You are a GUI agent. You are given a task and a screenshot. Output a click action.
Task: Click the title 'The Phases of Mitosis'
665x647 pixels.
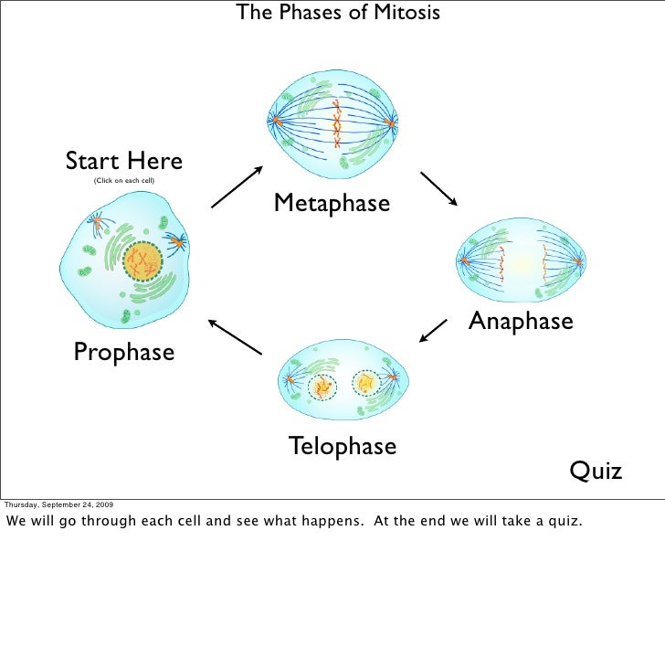click(338, 13)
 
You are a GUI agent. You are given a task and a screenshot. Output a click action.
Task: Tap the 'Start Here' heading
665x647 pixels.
click(123, 163)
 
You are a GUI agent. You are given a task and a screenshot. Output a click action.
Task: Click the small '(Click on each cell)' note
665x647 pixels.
click(124, 182)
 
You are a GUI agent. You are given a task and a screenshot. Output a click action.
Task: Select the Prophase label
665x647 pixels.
click(123, 351)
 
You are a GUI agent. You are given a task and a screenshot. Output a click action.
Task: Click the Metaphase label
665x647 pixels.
click(332, 203)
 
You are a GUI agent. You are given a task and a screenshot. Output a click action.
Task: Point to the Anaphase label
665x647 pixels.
click(521, 321)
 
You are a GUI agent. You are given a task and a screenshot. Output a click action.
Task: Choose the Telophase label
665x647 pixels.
click(342, 446)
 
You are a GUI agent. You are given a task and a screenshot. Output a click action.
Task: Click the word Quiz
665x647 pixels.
click(596, 471)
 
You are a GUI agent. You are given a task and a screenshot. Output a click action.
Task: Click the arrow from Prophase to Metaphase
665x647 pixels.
click(237, 187)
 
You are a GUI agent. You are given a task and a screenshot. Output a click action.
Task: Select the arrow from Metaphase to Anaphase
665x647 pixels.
click(439, 188)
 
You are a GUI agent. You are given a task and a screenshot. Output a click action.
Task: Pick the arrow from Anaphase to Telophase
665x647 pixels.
click(434, 331)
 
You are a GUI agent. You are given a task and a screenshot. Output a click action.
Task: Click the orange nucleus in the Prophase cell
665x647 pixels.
click(142, 263)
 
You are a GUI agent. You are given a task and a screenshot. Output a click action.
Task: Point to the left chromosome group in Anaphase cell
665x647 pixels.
click(501, 262)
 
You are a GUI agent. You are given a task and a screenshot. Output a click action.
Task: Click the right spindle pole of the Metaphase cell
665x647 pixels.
click(391, 122)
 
